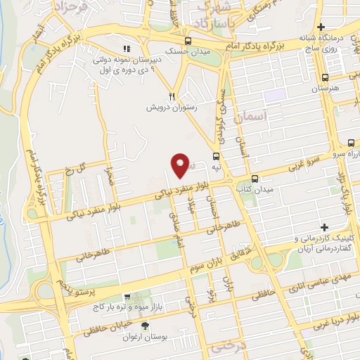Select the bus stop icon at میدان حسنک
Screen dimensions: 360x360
tap(187, 41)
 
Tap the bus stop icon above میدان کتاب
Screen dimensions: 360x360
tap(255, 179)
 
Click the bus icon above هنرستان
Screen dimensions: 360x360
tap(325, 78)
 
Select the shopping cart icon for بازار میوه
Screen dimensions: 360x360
tap(127, 297)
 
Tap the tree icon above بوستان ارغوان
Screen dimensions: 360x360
tap(145, 325)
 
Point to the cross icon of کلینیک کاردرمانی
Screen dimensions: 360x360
tap(323, 227)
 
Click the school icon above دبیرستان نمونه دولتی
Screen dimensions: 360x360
tap(127, 49)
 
